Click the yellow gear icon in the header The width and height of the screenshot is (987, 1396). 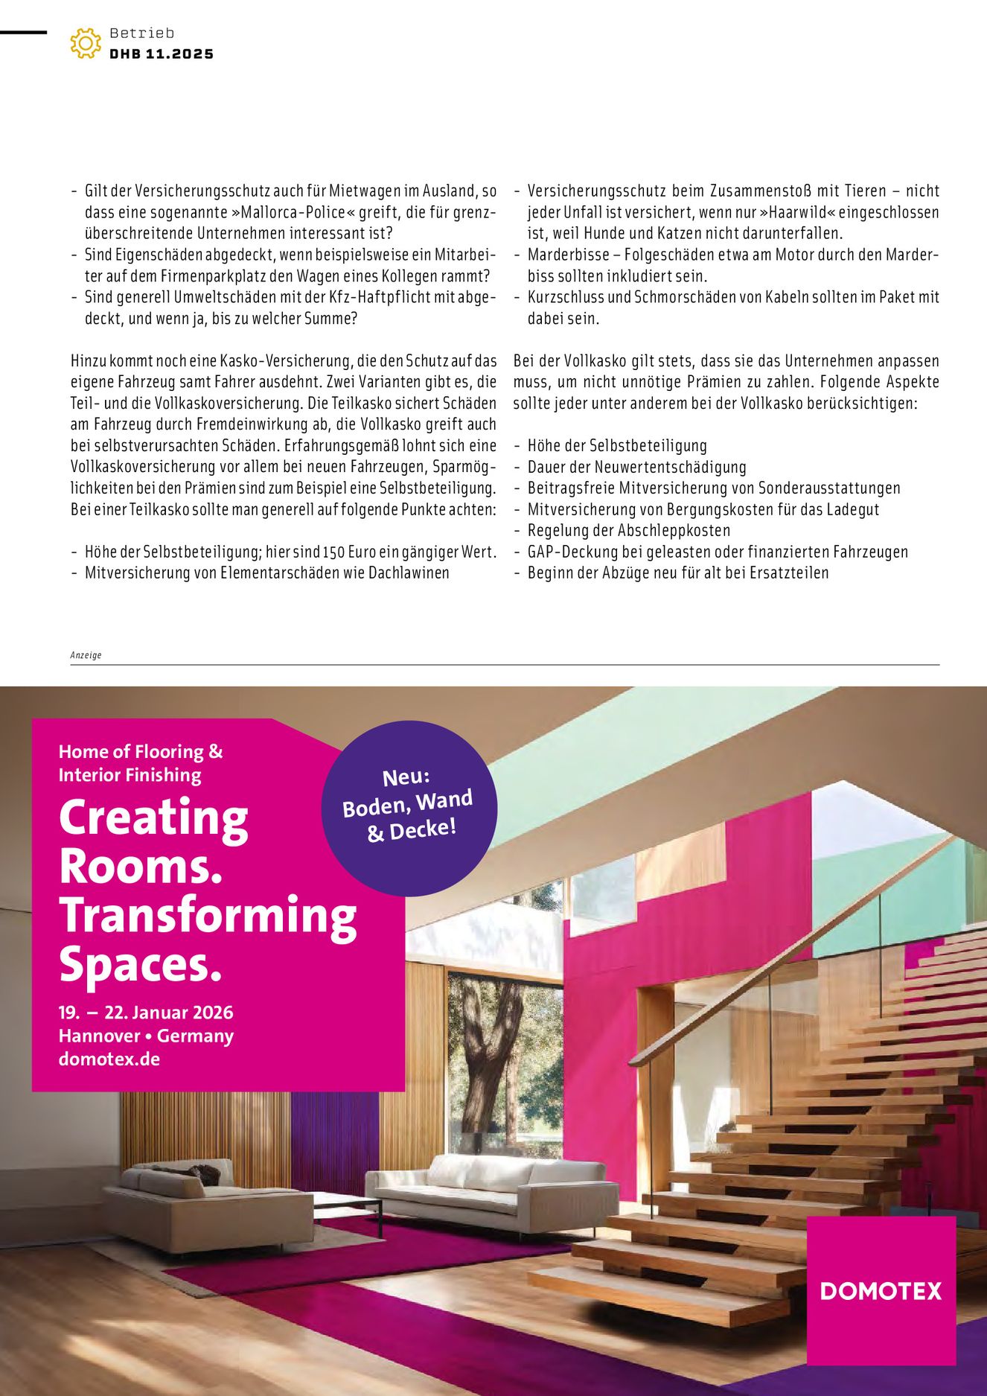coord(86,43)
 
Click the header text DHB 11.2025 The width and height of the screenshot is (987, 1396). coord(162,54)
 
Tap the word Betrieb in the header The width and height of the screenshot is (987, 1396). coord(141,33)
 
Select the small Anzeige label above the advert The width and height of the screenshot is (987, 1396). coord(86,655)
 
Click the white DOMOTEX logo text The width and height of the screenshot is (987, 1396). coord(881,1290)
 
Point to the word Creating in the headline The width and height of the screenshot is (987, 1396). coord(153,818)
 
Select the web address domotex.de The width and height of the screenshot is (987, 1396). coord(109,1059)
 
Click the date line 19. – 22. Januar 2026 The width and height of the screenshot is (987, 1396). coord(146,1013)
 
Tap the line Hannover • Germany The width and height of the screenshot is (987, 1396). coord(146,1036)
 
